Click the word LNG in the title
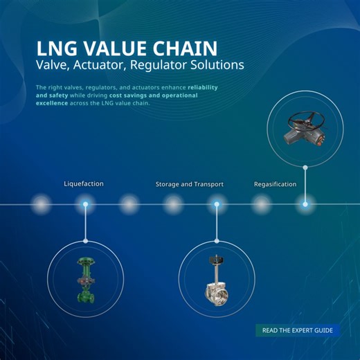tap(56, 48)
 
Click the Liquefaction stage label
tap(84, 184)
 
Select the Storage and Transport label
tap(189, 184)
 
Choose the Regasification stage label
tap(275, 184)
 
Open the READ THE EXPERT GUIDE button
tap(298, 330)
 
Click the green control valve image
tap(85, 279)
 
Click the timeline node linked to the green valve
tap(85, 204)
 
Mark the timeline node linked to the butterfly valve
tap(217, 204)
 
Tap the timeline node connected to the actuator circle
tap(305, 204)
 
